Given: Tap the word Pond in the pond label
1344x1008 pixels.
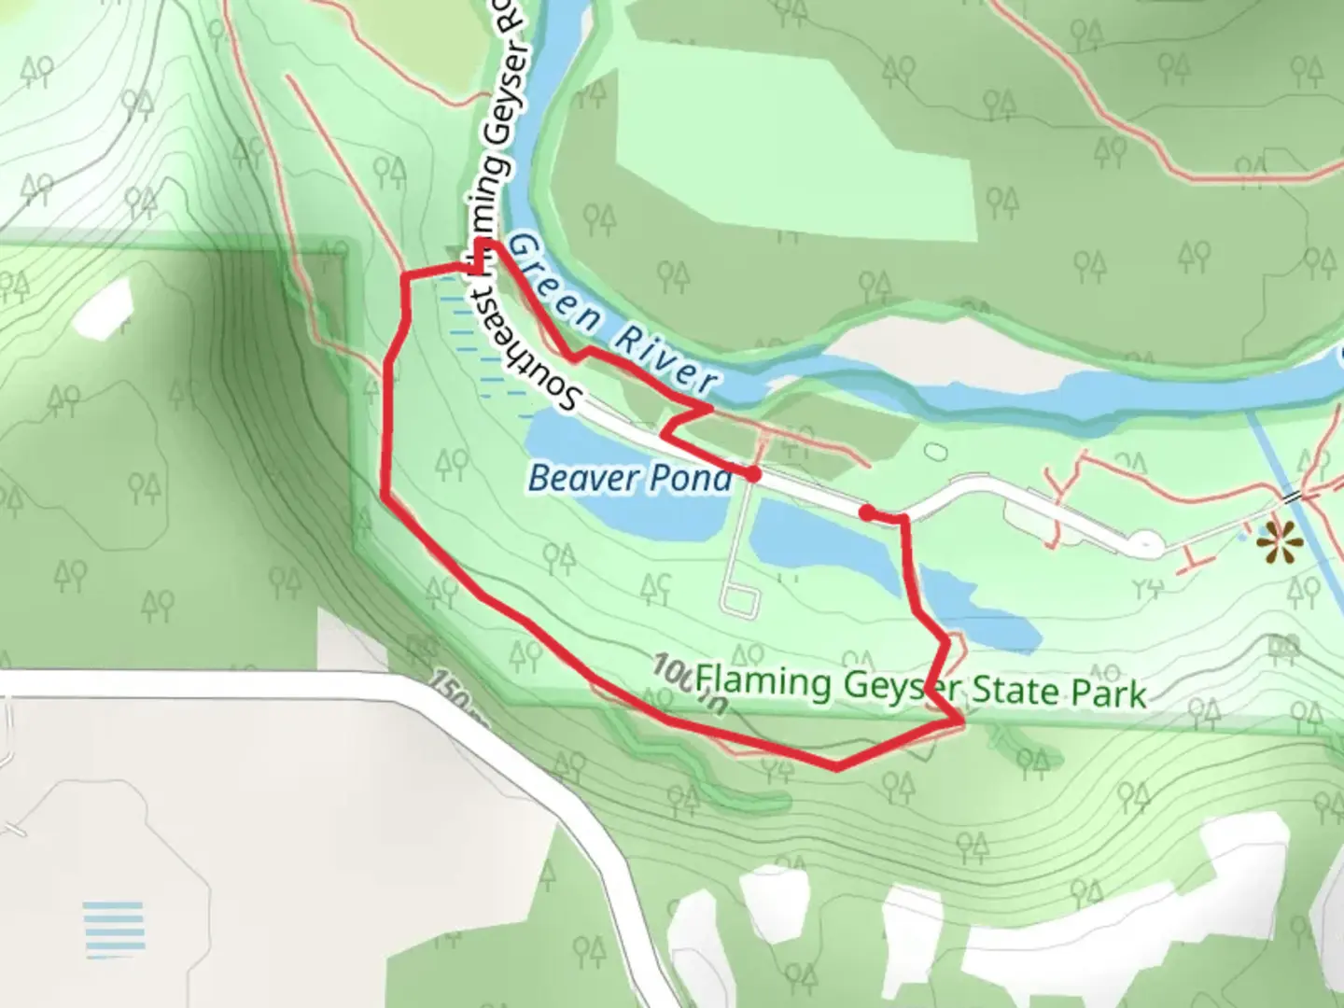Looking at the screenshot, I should click(691, 478).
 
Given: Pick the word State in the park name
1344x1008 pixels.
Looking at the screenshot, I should click(1012, 692).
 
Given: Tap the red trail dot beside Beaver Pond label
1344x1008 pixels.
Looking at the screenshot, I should click(752, 474).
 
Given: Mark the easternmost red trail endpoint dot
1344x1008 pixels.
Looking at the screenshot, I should click(866, 512).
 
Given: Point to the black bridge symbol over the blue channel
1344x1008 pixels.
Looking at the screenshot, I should click(1292, 496).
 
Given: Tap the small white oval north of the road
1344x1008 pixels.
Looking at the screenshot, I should click(934, 453).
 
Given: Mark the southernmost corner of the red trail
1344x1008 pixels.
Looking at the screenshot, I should click(837, 768).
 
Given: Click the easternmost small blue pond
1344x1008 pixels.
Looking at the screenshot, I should click(1249, 535).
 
